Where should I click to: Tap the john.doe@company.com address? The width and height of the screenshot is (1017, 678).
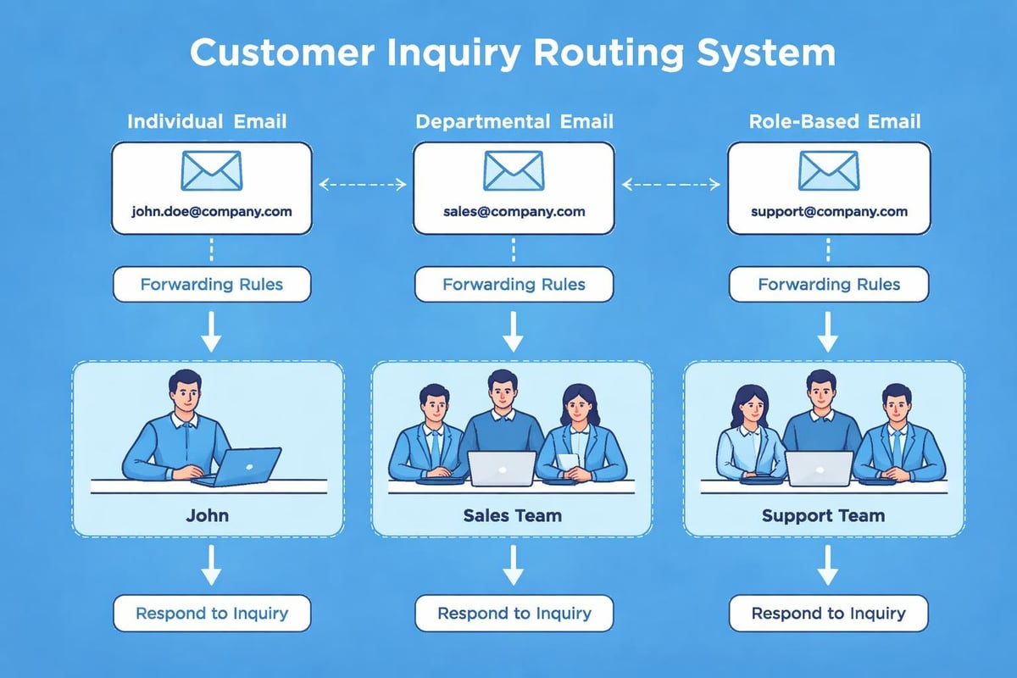click(212, 212)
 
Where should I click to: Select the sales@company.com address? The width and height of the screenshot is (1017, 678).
click(514, 212)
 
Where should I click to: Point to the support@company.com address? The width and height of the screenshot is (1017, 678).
click(829, 212)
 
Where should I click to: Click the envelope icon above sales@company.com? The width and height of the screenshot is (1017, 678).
click(514, 170)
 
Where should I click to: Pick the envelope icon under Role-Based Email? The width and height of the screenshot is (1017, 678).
click(829, 170)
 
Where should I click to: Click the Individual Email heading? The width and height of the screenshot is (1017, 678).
click(207, 121)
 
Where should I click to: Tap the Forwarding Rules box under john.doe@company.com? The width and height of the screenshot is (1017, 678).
click(212, 285)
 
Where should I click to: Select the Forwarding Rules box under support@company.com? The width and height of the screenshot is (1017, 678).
click(829, 285)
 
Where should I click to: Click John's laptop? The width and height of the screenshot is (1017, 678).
click(246, 466)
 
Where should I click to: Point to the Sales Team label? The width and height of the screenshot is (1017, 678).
click(512, 515)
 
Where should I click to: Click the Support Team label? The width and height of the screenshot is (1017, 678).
click(823, 515)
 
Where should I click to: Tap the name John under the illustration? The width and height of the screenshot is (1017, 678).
click(207, 515)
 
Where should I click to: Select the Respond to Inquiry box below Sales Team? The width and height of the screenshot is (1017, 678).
click(514, 613)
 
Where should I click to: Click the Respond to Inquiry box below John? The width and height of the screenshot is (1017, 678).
click(212, 613)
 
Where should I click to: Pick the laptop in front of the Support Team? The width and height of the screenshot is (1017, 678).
click(819, 468)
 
